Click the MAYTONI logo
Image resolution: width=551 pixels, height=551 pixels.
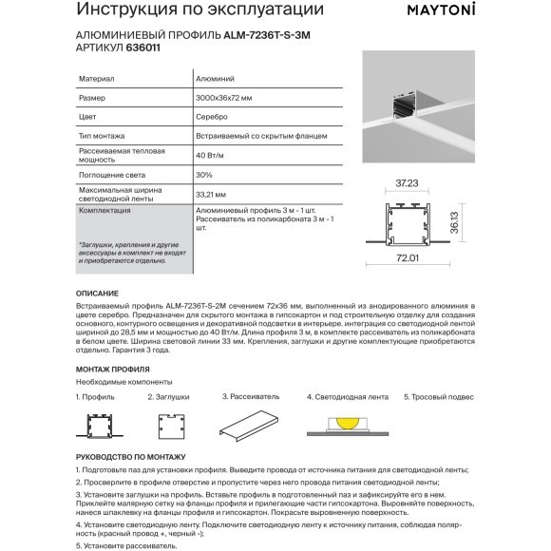[x=441, y=9]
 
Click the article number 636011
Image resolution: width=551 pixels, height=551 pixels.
[x=143, y=47]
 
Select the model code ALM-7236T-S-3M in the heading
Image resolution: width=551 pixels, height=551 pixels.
[x=267, y=35]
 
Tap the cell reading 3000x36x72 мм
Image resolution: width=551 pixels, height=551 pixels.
[x=224, y=98]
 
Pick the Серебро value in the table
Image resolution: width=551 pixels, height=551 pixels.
[x=212, y=117]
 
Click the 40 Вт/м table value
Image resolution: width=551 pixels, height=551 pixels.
[x=209, y=155]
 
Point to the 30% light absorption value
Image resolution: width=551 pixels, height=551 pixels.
[x=204, y=175]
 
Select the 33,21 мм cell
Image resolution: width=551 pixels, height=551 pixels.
[x=211, y=195]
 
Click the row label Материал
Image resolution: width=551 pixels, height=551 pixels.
[x=96, y=79]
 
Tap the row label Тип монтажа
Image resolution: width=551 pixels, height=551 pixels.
[x=102, y=136]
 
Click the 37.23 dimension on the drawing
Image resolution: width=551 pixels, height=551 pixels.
[x=407, y=183]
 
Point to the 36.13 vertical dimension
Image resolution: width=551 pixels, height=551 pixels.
[x=454, y=222]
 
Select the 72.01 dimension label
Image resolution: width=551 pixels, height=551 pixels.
[x=408, y=258]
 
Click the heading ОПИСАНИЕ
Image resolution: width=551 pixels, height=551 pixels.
[x=97, y=294]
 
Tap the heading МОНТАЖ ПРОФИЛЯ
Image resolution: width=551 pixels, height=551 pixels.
[x=113, y=370]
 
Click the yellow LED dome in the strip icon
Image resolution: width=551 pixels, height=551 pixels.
[x=348, y=423]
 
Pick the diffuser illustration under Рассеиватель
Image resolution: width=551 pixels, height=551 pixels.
[x=249, y=426]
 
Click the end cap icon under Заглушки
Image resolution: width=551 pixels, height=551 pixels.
[x=171, y=427]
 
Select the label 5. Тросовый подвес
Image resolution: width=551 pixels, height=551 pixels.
[x=439, y=397]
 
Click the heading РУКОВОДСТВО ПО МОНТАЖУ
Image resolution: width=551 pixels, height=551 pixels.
[x=131, y=457]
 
